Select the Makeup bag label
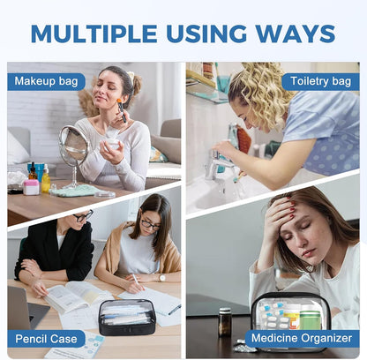pos(46,81)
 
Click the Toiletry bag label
pos(320,81)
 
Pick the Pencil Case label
pos(46,339)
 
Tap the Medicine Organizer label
pos(302,338)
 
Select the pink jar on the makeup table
pos(31,187)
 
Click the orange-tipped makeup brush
pos(122,110)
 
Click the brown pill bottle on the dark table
pos(225,322)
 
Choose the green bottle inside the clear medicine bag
pos(310,317)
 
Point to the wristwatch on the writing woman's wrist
pos(162,278)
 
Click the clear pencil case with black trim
pos(127,317)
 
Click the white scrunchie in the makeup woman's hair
pos(131,76)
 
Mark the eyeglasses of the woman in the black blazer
pos(83,216)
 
